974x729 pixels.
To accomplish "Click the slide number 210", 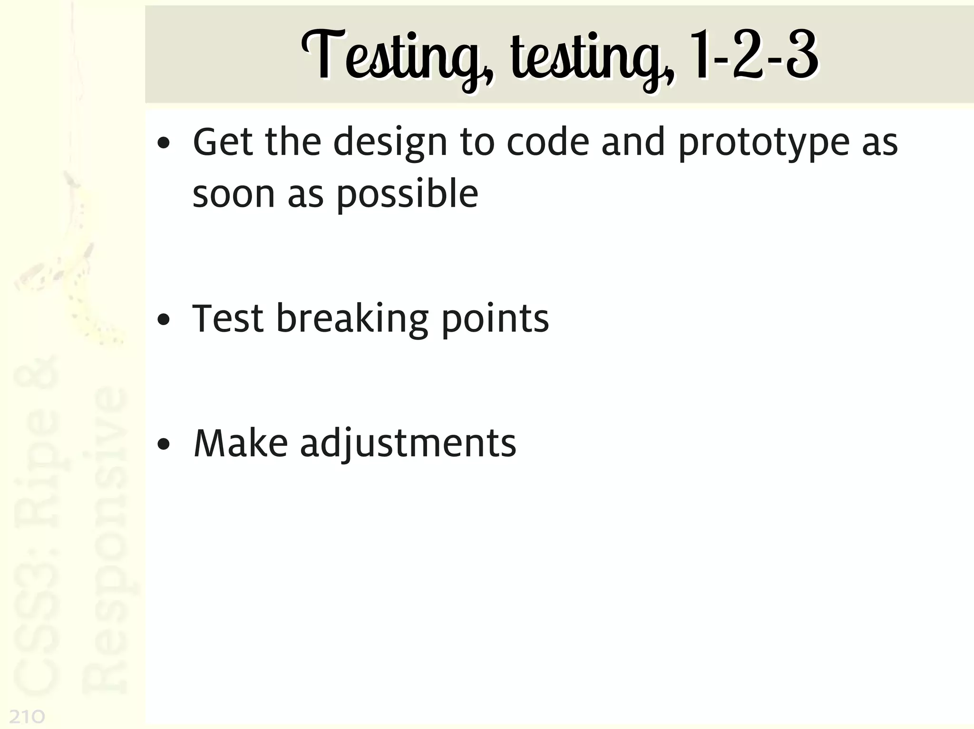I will pos(27,716).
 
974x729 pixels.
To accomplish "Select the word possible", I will pos(407,195).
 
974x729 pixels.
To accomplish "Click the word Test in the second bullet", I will pos(228,318).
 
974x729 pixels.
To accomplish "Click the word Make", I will pos(241,443).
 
